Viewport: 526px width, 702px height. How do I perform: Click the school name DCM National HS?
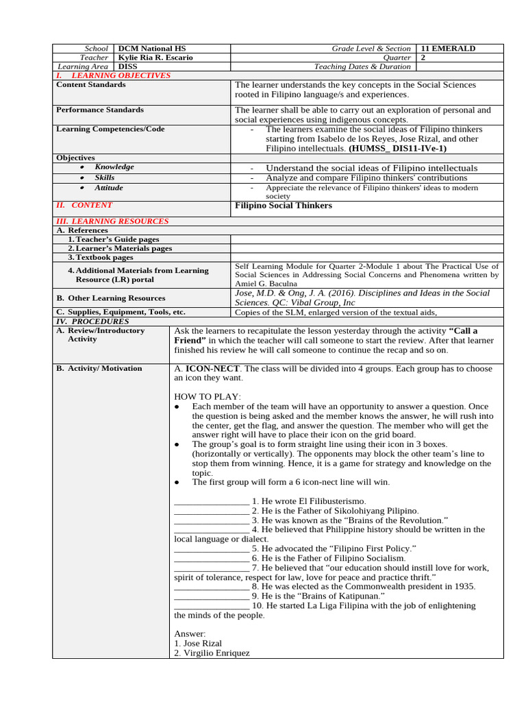pos(152,49)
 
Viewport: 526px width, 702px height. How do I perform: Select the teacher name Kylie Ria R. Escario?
pos(155,58)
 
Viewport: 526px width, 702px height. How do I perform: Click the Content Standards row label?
pos(90,85)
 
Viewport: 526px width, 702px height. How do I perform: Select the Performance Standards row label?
pos(100,110)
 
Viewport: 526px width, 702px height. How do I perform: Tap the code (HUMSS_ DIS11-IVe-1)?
pos(397,148)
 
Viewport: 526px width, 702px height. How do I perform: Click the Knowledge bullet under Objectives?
pos(114,167)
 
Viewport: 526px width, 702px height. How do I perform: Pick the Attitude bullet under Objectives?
pos(109,188)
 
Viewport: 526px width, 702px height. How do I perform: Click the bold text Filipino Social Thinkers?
pos(283,206)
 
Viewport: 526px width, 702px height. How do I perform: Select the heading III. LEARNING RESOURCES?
pos(112,221)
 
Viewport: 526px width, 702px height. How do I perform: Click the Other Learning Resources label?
pos(110,298)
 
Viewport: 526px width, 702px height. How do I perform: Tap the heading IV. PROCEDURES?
pos(92,321)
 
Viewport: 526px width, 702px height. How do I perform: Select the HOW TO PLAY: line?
pos(208,397)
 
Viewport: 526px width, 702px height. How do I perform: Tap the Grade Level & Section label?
pos(371,49)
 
